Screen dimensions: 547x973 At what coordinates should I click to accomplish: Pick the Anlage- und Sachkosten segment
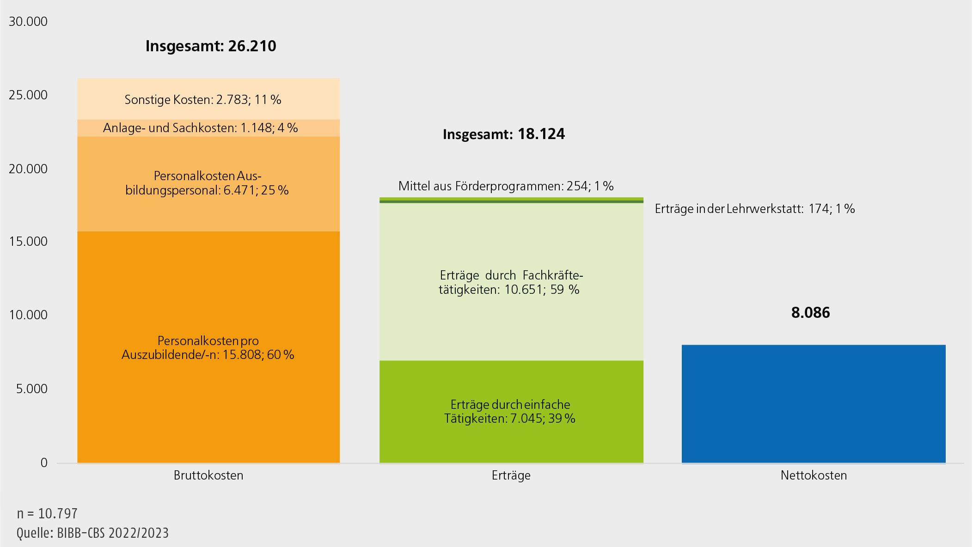click(208, 128)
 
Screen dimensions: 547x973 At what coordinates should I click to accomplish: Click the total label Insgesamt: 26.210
click(211, 46)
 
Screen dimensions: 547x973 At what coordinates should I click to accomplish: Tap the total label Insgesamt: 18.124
click(503, 134)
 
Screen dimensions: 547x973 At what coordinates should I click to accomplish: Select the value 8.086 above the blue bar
click(810, 313)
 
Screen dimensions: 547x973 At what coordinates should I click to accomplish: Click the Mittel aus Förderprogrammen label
click(506, 186)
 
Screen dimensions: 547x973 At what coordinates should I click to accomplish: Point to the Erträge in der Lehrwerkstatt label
click(754, 209)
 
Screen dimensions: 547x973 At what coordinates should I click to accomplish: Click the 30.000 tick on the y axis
click(28, 22)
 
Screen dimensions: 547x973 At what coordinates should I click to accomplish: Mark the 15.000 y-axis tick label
click(28, 242)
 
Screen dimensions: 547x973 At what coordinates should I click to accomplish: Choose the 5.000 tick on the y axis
click(31, 389)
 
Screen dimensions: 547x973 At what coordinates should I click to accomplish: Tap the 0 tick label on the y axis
click(44, 462)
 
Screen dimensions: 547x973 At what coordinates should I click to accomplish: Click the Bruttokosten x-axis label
click(208, 475)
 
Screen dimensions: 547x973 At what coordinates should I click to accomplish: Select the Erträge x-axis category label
click(511, 475)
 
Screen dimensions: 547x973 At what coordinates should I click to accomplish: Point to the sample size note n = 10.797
click(47, 514)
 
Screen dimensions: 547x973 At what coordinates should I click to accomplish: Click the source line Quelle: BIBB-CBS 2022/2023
click(92, 533)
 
